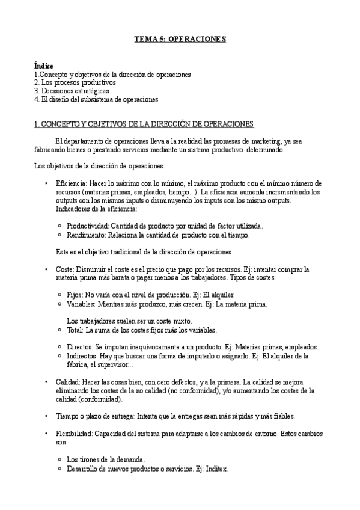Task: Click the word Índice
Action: (44, 66)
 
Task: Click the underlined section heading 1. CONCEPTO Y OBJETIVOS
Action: (144, 124)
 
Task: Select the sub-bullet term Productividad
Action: (87, 226)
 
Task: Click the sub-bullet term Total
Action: (76, 330)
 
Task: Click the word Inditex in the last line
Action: (215, 469)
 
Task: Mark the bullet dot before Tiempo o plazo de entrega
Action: (47, 416)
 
